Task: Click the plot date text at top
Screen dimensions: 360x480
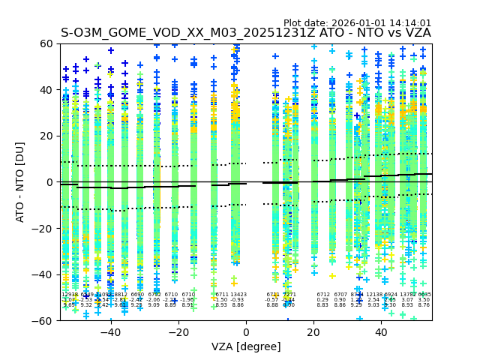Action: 357,23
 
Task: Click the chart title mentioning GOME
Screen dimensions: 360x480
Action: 246,33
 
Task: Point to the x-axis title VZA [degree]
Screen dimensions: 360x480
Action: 246,346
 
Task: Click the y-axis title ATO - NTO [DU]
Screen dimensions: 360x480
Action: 20,182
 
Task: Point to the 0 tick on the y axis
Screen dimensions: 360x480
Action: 51,182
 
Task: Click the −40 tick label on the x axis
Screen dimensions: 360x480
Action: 110,332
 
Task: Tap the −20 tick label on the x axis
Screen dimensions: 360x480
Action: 178,332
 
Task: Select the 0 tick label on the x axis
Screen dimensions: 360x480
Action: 246,332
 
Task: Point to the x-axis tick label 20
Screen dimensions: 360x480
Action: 313,332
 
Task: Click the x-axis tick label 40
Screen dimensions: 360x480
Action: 381,332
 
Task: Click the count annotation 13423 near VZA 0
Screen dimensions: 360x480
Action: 238,295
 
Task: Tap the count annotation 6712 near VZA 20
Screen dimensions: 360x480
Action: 322,295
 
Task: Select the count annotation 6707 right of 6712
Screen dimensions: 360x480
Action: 340,295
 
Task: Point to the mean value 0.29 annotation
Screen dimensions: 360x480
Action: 322,300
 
